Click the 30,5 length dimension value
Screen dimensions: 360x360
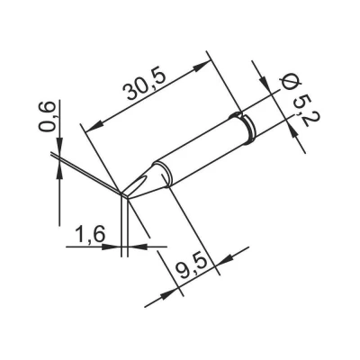pyautogui.click(x=146, y=86)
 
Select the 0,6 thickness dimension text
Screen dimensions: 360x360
pyautogui.click(x=48, y=116)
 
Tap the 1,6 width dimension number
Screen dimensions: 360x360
pyautogui.click(x=90, y=234)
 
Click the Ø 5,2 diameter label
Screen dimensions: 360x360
pyautogui.click(x=297, y=101)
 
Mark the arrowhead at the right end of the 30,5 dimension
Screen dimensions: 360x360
pyautogui.click(x=202, y=66)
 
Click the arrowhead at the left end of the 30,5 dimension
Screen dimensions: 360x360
pyautogui.click(x=93, y=127)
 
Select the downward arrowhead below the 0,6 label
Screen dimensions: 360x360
pyautogui.click(x=59, y=146)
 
